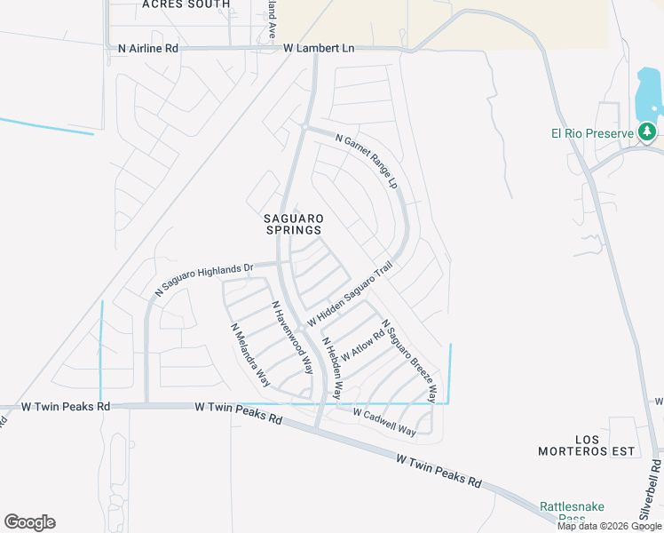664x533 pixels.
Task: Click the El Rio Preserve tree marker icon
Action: [648, 133]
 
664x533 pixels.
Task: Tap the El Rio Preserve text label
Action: [590, 135]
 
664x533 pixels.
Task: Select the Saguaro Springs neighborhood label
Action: [293, 224]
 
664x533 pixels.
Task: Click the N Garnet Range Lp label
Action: [366, 161]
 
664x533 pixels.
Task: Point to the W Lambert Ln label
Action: [319, 48]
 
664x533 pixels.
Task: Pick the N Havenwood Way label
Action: [293, 337]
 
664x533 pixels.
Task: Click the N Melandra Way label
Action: [250, 354]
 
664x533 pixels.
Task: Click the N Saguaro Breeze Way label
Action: [409, 361]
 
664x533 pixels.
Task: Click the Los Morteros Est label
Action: [587, 445]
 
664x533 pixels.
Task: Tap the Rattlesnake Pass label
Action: [572, 513]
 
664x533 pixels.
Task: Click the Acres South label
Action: [186, 4]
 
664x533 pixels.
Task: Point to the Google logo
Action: [29, 522]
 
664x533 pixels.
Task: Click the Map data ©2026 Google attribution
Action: [609, 526]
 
